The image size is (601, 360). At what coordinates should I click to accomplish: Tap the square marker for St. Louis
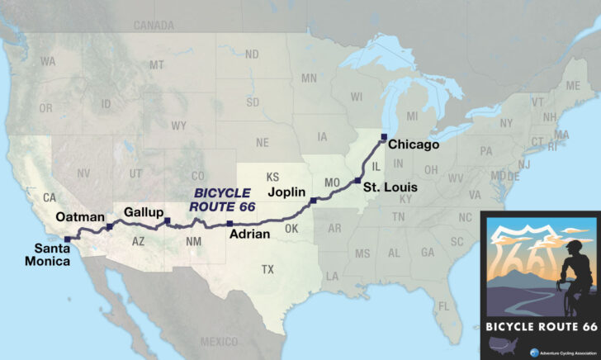pyautogui.click(x=357, y=180)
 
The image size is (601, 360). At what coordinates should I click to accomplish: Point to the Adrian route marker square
pyautogui.click(x=230, y=223)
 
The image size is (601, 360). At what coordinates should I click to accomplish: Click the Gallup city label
pyautogui.click(x=142, y=212)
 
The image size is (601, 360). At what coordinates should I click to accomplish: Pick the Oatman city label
pyautogui.click(x=79, y=216)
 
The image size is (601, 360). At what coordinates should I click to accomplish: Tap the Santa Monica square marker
pyautogui.click(x=67, y=239)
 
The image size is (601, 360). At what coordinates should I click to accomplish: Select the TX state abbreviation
pyautogui.click(x=267, y=269)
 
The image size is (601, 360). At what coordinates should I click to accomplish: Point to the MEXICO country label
pyautogui.click(x=218, y=341)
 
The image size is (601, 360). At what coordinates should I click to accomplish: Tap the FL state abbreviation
pyautogui.click(x=443, y=306)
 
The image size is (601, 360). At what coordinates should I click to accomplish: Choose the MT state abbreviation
pyautogui.click(x=156, y=65)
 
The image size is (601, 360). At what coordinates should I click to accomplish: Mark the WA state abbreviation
pyautogui.click(x=48, y=62)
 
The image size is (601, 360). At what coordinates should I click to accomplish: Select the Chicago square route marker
pyautogui.click(x=383, y=136)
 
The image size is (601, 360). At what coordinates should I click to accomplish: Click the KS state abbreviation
pyautogui.click(x=273, y=178)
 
